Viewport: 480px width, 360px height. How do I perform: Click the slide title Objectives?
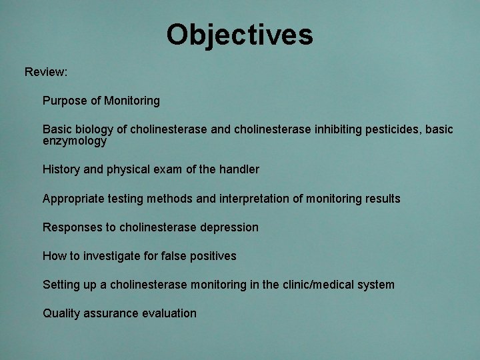point(239,35)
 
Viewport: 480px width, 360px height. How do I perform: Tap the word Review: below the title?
point(46,71)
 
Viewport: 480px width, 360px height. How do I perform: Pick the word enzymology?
point(74,141)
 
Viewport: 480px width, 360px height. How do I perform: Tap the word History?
point(61,170)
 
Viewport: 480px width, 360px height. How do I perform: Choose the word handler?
point(239,170)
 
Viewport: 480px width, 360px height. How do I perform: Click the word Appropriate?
point(72,199)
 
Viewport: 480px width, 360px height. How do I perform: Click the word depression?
point(229,227)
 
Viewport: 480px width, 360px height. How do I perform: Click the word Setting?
point(61,285)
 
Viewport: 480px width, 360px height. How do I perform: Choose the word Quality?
point(61,313)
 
